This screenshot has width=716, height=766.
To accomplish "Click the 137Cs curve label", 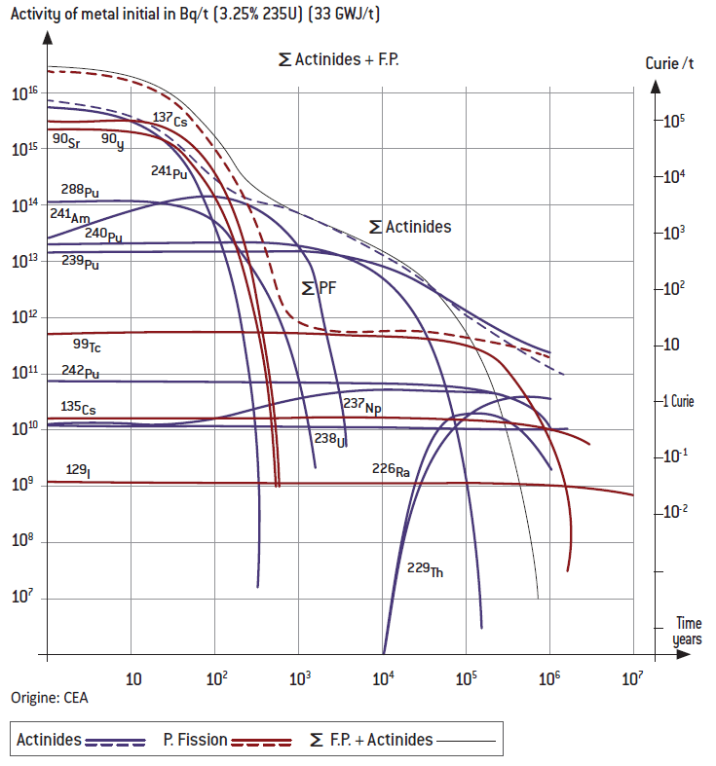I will tap(170, 120).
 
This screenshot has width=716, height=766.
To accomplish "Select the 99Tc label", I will tap(89, 345).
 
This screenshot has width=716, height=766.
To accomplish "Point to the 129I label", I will tap(78, 471).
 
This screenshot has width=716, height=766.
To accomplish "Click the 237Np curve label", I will tap(360, 405).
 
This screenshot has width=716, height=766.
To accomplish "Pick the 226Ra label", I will tap(391, 469).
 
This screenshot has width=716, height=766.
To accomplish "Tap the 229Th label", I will tap(425, 569).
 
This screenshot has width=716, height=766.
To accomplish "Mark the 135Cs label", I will tap(78, 409).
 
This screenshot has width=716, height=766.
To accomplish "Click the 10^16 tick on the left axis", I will tap(24, 93).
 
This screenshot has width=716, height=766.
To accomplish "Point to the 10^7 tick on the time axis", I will tap(632, 677).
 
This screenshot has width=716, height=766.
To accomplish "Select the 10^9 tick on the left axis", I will tap(24, 483).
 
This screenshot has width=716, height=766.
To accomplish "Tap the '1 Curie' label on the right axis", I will tap(673, 401).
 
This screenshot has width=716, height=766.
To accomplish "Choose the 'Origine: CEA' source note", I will tap(49, 698).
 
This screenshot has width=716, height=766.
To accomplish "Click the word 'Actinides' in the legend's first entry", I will tap(49, 740).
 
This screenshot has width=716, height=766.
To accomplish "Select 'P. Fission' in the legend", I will tap(195, 740).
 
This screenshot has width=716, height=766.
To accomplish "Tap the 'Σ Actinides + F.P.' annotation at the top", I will tap(339, 60).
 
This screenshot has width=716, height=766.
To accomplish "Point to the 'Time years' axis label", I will tap(688, 631).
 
